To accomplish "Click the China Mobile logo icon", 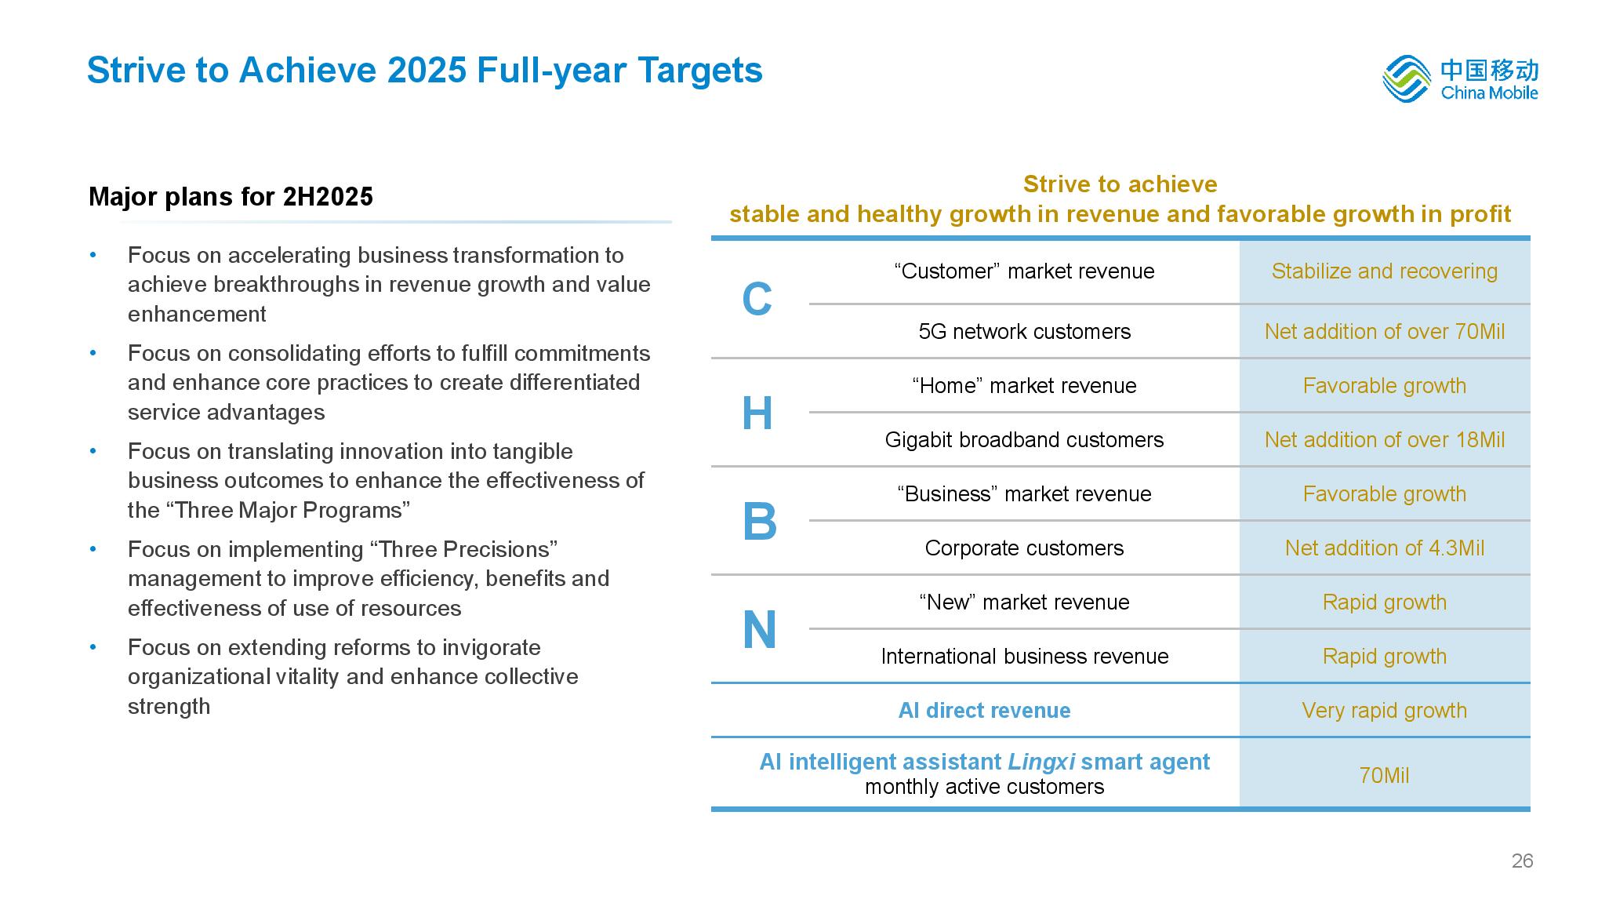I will (1407, 79).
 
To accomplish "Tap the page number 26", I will (1522, 861).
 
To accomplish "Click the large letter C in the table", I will (757, 300).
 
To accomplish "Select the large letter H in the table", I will (757, 413).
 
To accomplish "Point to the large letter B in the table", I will (759, 522).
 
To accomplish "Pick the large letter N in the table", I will (759, 630).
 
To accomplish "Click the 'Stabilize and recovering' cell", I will (1384, 271).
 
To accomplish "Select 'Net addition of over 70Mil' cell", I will (1384, 332).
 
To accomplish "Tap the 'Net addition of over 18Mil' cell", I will (1384, 440).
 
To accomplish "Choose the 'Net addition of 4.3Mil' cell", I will (1384, 548).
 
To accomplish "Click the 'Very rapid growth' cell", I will (1384, 711).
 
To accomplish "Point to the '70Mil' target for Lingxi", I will (1384, 776).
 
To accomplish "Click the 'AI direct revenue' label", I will (984, 711).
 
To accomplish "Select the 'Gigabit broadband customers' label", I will (1024, 440).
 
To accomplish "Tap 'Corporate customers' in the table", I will (1024, 548).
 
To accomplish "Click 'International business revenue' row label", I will (1024, 657).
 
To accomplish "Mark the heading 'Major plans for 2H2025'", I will (231, 197).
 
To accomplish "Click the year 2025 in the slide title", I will (427, 71).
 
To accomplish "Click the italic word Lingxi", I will (1041, 763).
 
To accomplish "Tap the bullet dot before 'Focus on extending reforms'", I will (93, 647).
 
